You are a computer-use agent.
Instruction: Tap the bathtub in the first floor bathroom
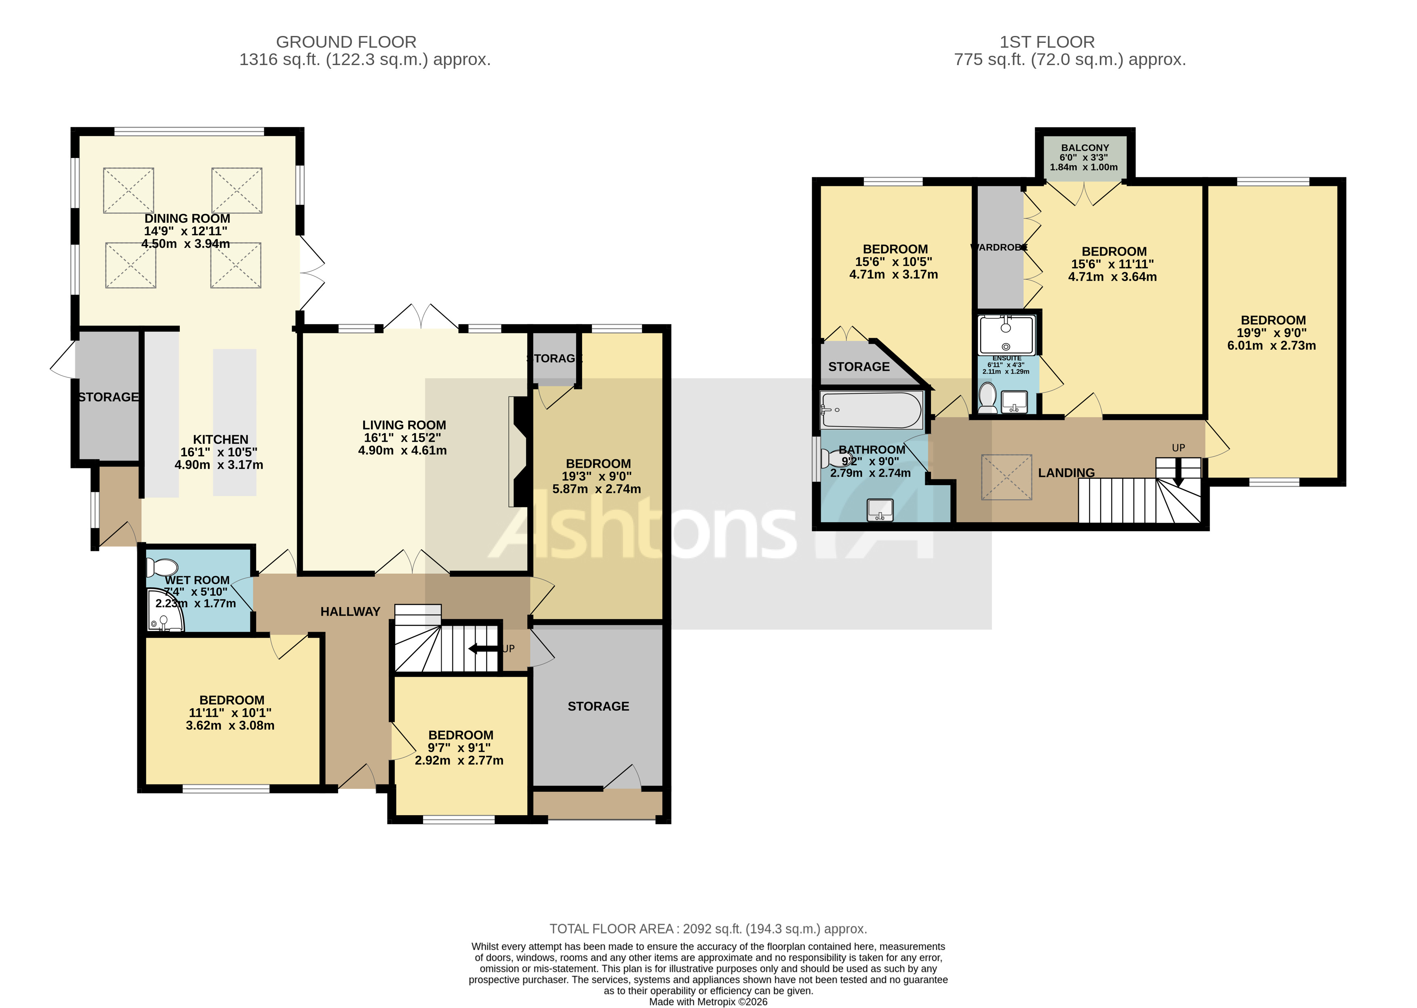tap(871, 410)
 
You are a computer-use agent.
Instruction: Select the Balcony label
tap(1084, 148)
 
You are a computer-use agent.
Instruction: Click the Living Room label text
tap(404, 425)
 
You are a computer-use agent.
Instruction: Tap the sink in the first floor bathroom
tap(880, 510)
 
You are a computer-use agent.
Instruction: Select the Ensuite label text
tap(1006, 358)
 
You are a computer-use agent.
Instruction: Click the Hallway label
tap(350, 612)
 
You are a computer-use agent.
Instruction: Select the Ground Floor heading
tap(345, 42)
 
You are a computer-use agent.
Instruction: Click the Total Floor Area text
tap(708, 928)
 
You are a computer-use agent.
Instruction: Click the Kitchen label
tap(220, 439)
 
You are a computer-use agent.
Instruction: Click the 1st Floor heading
tap(1046, 42)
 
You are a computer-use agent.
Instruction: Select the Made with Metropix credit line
tap(708, 1001)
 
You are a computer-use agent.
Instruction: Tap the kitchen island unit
tap(234, 422)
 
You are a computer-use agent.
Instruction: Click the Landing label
tap(1066, 473)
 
